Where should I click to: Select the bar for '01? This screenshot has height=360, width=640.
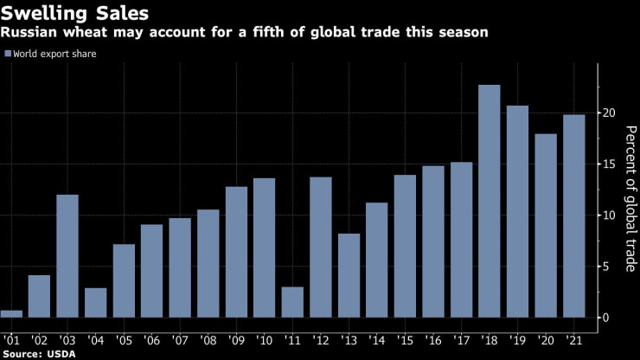tap(12, 313)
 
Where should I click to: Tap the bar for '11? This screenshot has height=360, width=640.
tap(292, 302)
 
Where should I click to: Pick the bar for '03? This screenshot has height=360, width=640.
tap(67, 256)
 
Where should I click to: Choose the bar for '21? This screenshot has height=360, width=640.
tap(573, 216)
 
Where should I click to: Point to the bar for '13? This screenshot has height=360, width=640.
tap(349, 275)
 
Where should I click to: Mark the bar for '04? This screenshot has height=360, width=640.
tap(96, 303)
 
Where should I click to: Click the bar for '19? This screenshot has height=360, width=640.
tap(517, 212)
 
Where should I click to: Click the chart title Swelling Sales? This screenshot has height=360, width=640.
tap(75, 14)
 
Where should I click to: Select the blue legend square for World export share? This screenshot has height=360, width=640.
tap(8, 54)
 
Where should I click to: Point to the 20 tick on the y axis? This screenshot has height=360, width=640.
tap(609, 113)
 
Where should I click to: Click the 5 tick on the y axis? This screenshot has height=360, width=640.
tap(609, 267)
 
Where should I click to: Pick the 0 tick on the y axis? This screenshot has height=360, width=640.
tap(609, 318)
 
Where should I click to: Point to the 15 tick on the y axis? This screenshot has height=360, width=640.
tap(609, 164)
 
